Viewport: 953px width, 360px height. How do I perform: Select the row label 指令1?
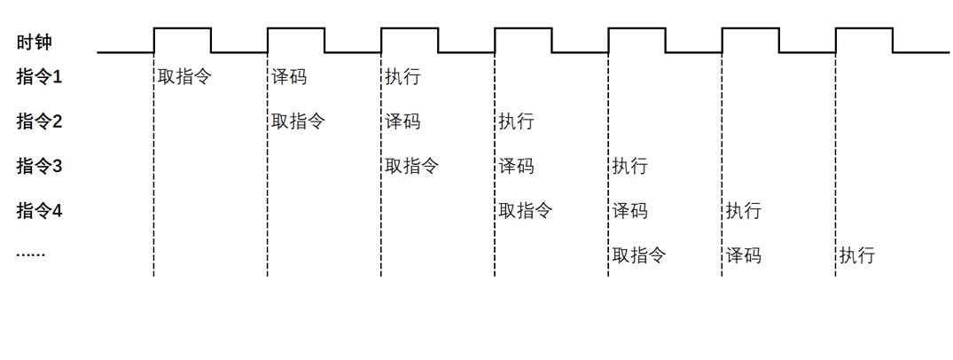click(x=40, y=77)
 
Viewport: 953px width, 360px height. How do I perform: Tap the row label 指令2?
click(x=40, y=121)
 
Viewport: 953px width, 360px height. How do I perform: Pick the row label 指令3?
click(x=40, y=166)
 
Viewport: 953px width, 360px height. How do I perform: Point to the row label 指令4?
click(x=40, y=211)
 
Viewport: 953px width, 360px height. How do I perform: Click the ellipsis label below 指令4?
click(x=30, y=255)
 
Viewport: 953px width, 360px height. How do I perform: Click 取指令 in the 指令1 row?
click(x=184, y=77)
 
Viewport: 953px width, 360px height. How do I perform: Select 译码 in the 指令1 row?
click(x=289, y=77)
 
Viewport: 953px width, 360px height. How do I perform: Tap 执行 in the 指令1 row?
click(x=402, y=77)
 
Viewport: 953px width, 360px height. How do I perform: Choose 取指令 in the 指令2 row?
click(x=298, y=121)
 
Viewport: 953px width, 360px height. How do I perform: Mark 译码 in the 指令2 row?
click(x=402, y=121)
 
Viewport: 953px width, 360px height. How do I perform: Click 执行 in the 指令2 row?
click(x=516, y=121)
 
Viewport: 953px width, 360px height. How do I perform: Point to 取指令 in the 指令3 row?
click(x=411, y=166)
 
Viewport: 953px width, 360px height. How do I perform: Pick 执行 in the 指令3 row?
click(x=629, y=166)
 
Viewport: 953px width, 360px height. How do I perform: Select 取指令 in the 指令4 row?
click(x=525, y=211)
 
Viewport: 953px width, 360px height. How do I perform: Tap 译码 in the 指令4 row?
click(x=629, y=211)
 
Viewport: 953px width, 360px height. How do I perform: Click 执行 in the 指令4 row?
click(x=743, y=211)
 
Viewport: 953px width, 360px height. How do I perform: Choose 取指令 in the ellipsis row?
click(x=638, y=255)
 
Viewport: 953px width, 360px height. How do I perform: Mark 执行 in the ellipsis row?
click(x=856, y=255)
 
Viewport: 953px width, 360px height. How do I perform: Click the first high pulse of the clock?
click(x=183, y=29)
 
